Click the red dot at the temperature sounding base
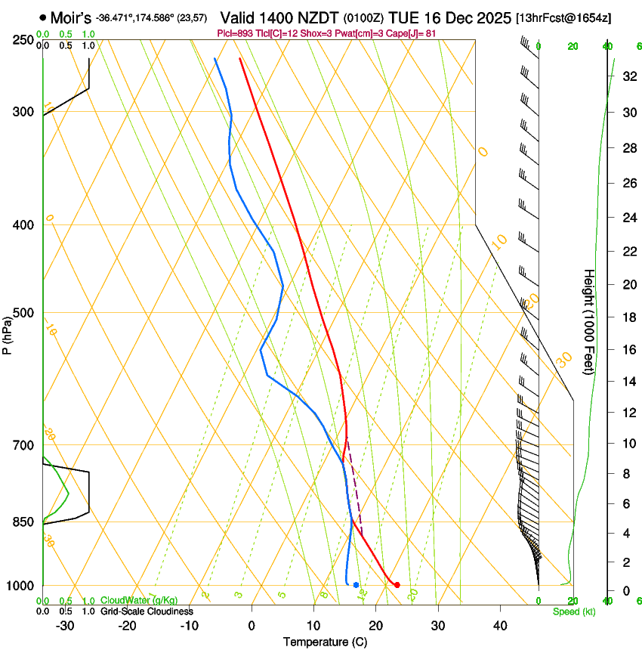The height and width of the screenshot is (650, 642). (x=397, y=585)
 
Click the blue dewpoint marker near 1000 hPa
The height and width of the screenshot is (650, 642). (x=356, y=585)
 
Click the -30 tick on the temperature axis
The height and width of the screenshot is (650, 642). (x=65, y=625)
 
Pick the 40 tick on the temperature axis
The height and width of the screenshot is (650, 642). (x=499, y=625)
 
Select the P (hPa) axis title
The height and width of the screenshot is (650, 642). (x=7, y=333)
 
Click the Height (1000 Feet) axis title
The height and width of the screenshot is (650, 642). (x=590, y=321)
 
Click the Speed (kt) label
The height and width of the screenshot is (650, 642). (x=573, y=611)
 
